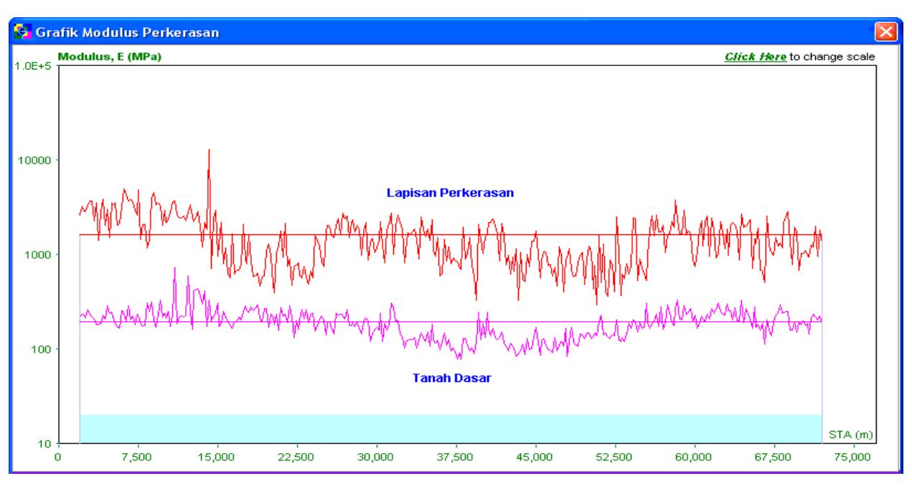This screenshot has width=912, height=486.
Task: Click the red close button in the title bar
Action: coord(886,32)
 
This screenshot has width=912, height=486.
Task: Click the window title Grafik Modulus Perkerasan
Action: coord(128,32)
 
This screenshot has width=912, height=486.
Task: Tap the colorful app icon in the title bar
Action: coord(22,32)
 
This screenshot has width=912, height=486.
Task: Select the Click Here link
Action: coord(756,57)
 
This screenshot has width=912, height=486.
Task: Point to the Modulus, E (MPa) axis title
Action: coord(110,57)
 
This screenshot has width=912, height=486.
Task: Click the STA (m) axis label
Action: coord(850,435)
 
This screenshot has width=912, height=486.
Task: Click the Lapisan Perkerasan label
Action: coord(450,193)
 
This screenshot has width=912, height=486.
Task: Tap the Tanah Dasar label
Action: coord(451,378)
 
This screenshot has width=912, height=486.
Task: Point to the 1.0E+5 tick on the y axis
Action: coord(33,66)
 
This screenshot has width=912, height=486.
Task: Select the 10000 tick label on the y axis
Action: coord(34,161)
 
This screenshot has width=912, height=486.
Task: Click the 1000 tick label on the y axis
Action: coord(37,255)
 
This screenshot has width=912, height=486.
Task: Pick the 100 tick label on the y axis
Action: coord(41,349)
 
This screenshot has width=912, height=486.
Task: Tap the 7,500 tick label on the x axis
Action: coord(137,457)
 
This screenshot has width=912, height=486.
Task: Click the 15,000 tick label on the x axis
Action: coord(216,457)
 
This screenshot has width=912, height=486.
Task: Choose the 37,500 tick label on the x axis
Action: coord(455,457)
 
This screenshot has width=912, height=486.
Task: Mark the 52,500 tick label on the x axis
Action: coord(614,457)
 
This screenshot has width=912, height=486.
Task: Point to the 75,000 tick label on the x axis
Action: coord(852,457)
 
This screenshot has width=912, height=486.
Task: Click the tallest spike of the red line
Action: coord(209,150)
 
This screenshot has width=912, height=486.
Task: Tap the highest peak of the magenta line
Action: coord(174,268)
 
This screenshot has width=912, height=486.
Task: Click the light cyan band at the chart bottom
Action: coord(451,429)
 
